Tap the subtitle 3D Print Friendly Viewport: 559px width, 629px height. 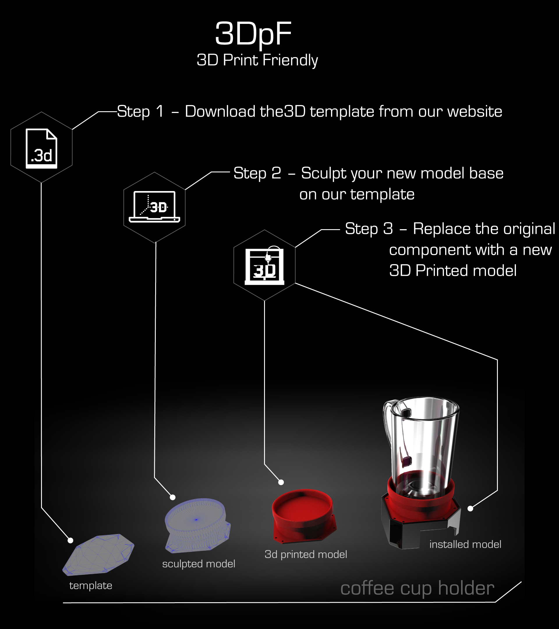257,60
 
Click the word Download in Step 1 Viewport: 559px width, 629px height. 220,112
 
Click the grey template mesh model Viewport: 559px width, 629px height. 98,555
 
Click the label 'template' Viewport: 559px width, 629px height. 91,586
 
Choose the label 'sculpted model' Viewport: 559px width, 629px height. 199,564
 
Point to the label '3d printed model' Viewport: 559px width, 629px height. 306,554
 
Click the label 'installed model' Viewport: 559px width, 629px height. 465,544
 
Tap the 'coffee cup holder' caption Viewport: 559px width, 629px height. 417,589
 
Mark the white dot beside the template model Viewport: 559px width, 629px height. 70,540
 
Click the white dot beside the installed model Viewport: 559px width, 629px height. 470,509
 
